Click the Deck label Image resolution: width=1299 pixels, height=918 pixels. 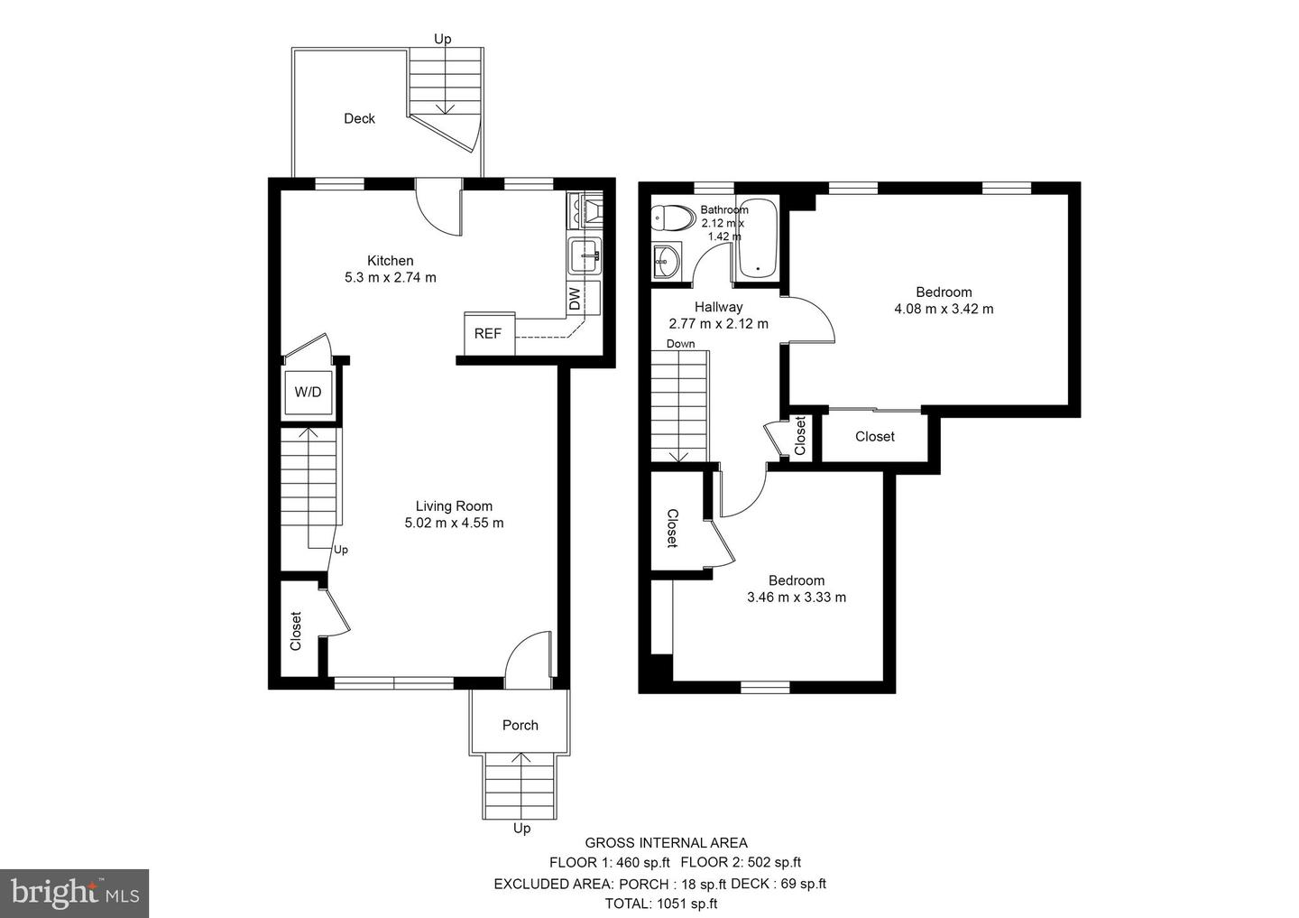click(359, 118)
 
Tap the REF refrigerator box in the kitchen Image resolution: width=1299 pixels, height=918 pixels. click(488, 333)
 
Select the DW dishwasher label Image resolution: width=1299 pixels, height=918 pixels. click(575, 299)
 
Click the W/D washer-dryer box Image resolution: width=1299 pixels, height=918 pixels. click(308, 392)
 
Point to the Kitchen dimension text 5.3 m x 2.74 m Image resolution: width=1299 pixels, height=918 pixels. click(390, 277)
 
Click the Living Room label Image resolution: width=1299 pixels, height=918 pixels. click(454, 506)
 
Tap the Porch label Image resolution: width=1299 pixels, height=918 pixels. click(520, 725)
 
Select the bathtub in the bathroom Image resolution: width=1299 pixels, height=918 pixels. click(756, 236)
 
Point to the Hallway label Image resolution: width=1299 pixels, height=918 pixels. click(718, 307)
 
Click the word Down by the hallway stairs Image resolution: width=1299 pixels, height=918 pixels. click(680, 344)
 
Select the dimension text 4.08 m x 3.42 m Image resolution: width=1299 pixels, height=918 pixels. click(944, 309)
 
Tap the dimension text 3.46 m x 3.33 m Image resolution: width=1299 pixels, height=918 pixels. click(797, 597)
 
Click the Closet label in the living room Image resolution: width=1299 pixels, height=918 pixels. click(295, 632)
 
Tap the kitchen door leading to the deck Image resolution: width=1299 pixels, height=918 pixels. click(437, 205)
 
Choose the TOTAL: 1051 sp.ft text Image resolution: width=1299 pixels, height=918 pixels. click(661, 903)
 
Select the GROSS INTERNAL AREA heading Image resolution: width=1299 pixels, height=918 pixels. click(666, 843)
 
